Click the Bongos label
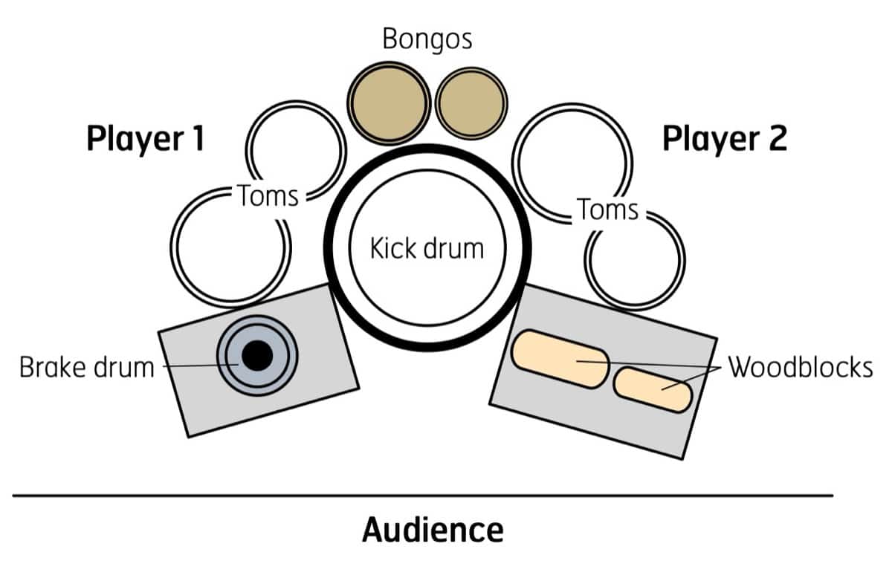(427, 39)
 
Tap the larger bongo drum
(388, 103)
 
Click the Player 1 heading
(145, 138)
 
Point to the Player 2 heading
(724, 138)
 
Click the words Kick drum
(427, 248)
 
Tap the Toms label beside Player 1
(268, 196)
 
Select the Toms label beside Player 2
(608, 210)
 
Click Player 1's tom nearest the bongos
(296, 146)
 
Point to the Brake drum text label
(86, 368)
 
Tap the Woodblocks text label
(800, 368)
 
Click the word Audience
(433, 530)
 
